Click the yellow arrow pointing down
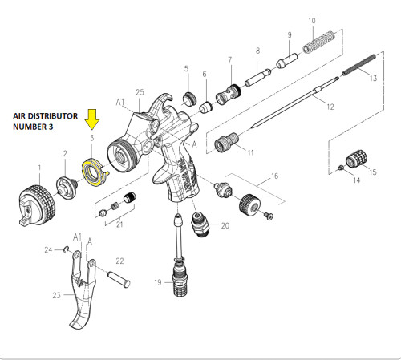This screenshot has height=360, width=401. click(93, 119)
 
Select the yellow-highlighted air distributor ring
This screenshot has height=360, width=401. click(94, 172)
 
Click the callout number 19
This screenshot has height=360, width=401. click(158, 281)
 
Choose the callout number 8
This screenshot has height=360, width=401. click(257, 50)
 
